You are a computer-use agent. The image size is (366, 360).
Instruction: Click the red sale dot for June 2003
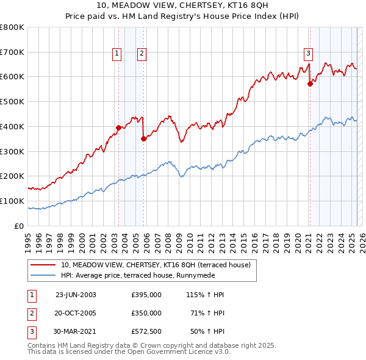point(118,128)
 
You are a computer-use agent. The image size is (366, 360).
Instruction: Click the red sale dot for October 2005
point(143,139)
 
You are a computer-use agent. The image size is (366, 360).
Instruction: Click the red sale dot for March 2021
point(310,84)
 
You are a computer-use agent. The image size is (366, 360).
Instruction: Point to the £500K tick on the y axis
point(12,101)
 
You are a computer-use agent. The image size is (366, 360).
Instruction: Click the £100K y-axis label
point(12,201)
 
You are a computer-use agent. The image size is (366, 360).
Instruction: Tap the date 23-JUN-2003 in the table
point(76,295)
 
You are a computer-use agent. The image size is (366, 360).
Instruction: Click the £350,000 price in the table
point(146,313)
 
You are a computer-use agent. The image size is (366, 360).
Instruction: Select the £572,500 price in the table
point(146,332)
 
